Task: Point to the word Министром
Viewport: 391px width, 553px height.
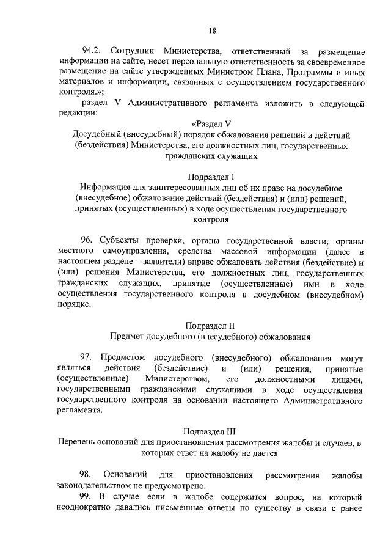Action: point(229,73)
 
